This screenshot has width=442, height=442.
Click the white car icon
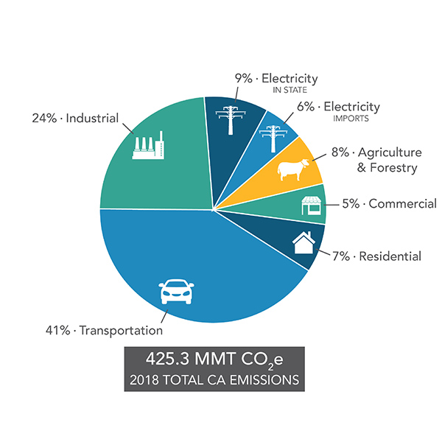pos(176,292)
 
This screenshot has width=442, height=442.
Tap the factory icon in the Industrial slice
pos(148,147)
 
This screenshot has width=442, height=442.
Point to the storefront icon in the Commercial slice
pos(312,206)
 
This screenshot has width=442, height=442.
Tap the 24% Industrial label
pos(75,117)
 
